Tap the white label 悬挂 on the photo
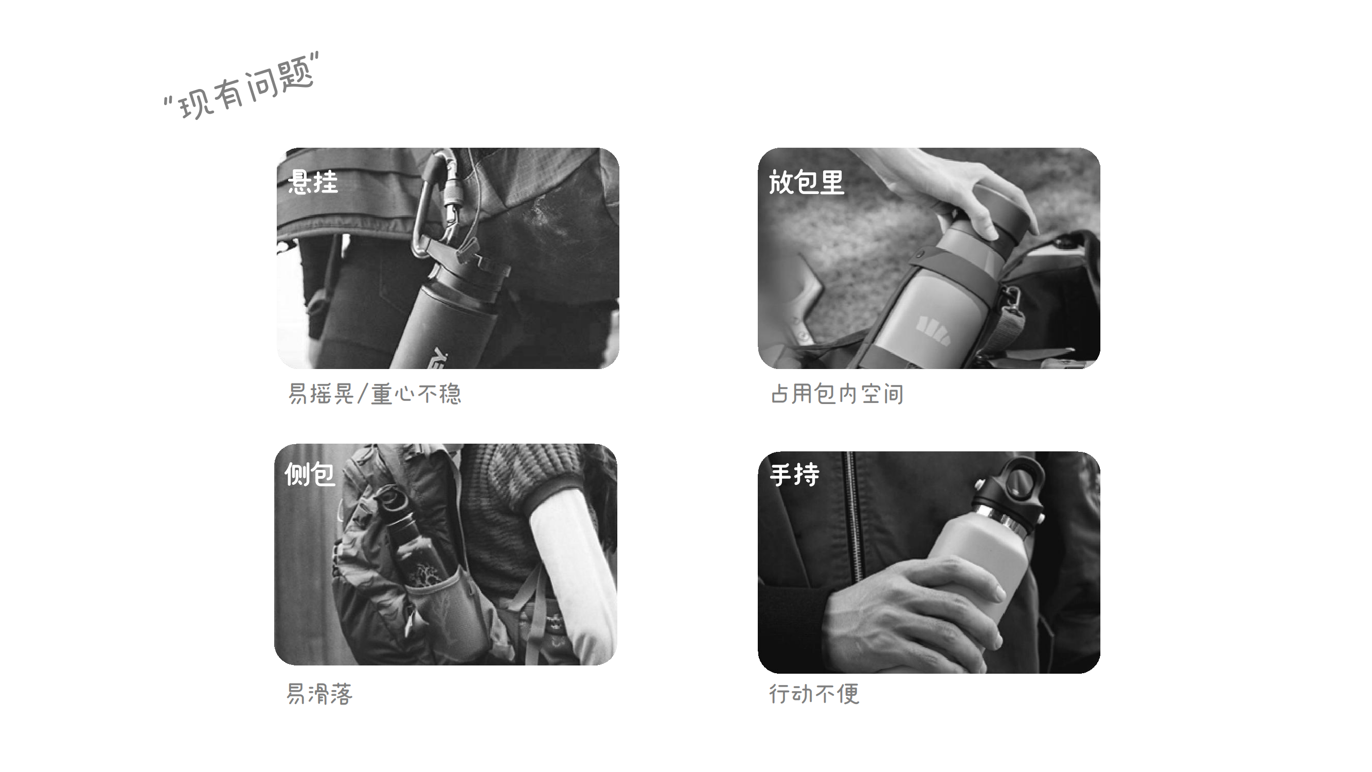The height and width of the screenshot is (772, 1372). (x=313, y=182)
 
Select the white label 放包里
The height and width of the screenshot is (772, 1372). (x=806, y=182)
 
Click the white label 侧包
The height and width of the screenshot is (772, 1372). (x=310, y=473)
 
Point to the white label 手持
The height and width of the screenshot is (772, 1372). (x=794, y=474)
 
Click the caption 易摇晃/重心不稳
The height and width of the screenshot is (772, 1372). (x=375, y=394)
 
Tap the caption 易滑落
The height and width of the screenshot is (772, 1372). (x=319, y=694)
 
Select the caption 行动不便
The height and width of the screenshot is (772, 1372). (x=814, y=694)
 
